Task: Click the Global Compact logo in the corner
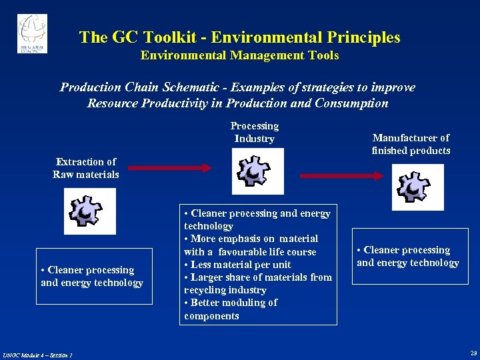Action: coord(32,33)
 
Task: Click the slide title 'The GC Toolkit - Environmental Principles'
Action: coord(239,37)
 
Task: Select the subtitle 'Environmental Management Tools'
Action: coord(239,56)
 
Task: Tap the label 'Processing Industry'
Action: coord(254,132)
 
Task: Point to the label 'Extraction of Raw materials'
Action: coord(86,168)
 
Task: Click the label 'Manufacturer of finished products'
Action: coord(411,144)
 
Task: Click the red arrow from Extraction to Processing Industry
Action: coord(171,169)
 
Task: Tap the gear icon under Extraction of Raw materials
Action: coord(89,211)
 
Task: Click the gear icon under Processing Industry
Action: coord(257,171)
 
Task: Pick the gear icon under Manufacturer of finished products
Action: coord(417,187)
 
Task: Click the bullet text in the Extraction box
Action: coord(92,276)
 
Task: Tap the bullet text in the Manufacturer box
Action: coord(408,256)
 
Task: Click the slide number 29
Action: coord(473,353)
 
